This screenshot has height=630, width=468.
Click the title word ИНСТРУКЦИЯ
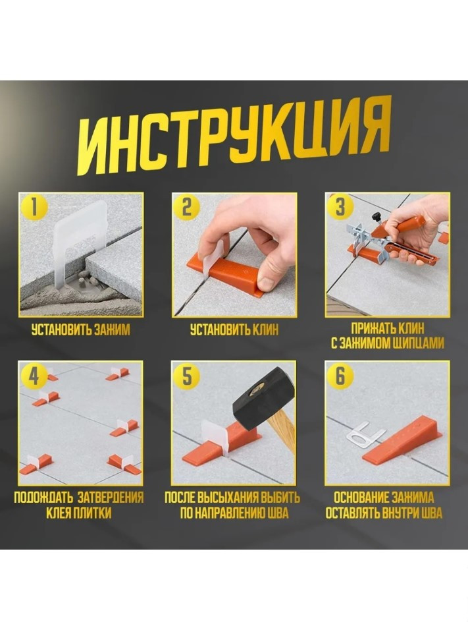click(x=234, y=138)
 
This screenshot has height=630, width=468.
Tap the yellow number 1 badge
click(x=34, y=208)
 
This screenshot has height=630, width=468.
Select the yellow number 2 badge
click(x=187, y=208)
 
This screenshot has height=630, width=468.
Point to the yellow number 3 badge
click(x=340, y=208)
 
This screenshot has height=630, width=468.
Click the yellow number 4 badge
click(x=34, y=376)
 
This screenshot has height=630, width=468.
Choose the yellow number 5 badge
click(x=187, y=376)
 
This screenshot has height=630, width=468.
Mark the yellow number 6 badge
click(x=340, y=376)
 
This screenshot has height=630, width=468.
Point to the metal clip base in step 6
click(x=365, y=437)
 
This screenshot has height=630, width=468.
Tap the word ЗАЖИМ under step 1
click(x=112, y=330)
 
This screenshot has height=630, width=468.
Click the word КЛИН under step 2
click(x=265, y=330)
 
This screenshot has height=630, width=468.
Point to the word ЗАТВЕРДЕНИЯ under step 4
click(x=110, y=498)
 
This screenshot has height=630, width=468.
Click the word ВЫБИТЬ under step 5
click(x=280, y=498)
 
